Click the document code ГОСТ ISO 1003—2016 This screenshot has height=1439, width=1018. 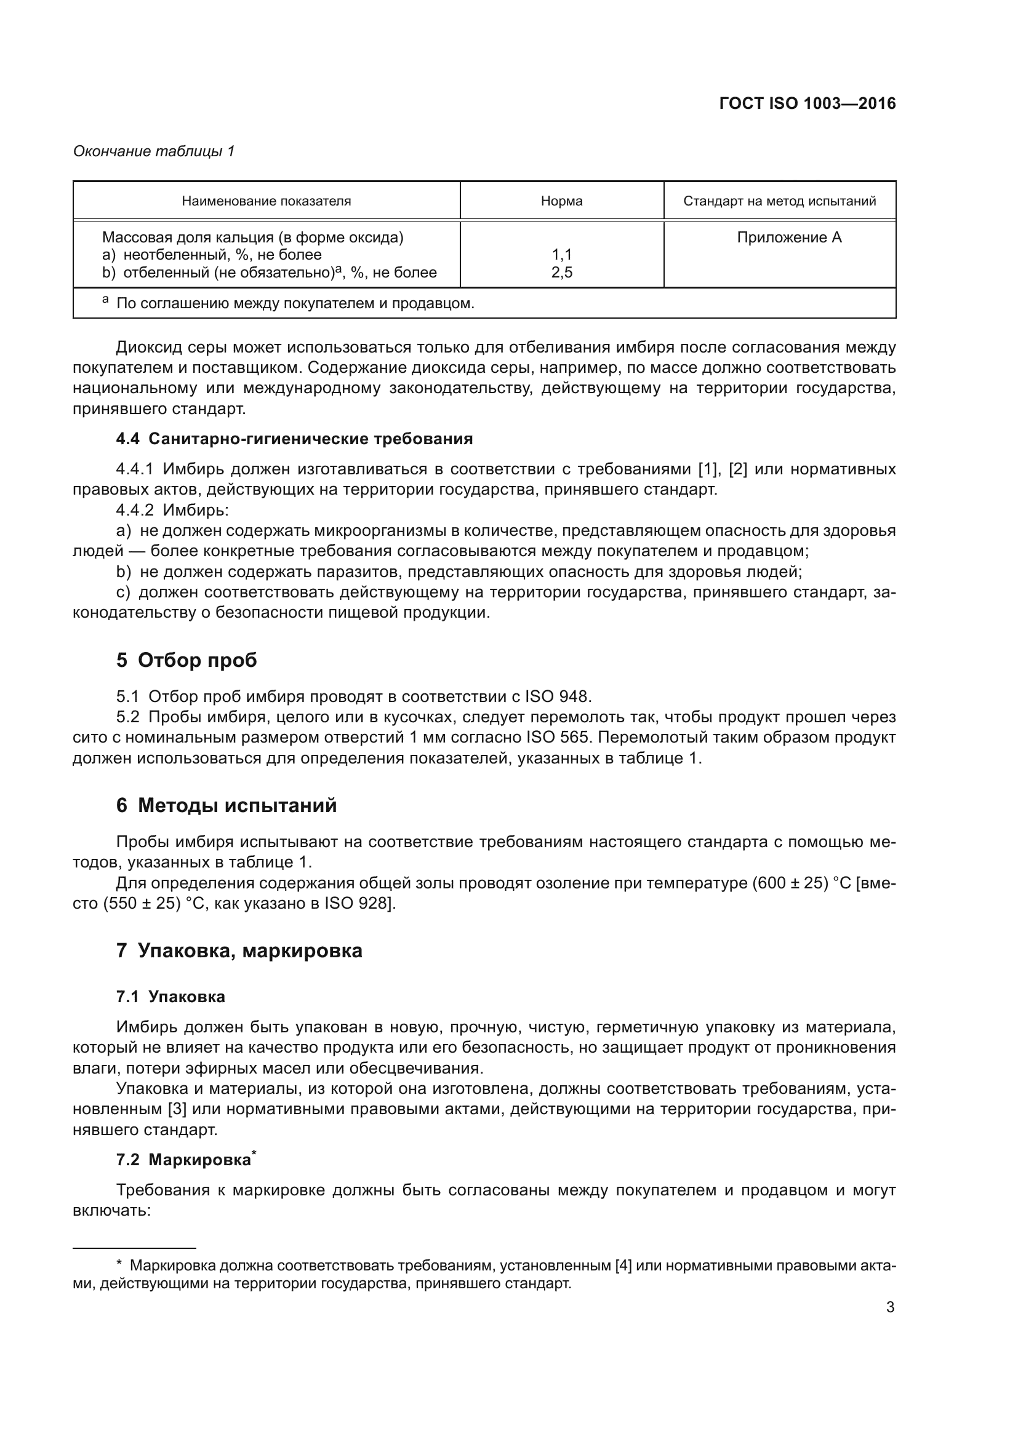coord(808,103)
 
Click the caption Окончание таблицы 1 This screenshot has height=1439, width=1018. coord(154,151)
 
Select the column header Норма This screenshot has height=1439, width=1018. coord(562,201)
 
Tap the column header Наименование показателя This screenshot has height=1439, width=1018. coord(267,201)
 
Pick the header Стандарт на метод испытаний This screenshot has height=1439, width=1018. coord(779,201)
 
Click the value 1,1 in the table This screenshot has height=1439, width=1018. coord(562,255)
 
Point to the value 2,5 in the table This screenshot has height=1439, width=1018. coord(562,272)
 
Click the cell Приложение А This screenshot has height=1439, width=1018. coord(788,237)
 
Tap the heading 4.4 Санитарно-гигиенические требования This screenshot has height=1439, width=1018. coord(294,439)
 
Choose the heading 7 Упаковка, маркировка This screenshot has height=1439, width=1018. coord(239,951)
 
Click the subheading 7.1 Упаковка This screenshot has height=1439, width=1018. coord(170,997)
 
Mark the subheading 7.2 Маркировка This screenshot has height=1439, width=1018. coord(183,1160)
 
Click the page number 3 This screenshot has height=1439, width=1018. coord(890,1307)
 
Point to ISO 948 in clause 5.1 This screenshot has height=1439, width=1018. coord(557,696)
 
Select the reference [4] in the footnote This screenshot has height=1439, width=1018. coord(623,1265)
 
